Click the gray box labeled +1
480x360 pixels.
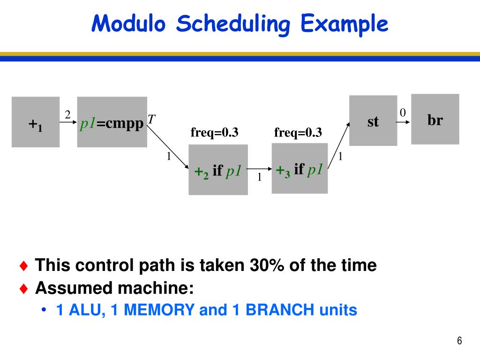coord(36,122)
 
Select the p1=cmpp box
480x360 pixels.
coord(112,122)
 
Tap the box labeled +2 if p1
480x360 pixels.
coord(218,170)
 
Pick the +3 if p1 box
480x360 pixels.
coord(300,168)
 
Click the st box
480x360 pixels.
coord(373,120)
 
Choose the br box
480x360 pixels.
coord(435,119)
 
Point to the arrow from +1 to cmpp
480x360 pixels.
coord(68,123)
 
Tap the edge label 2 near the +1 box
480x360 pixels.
coord(67,114)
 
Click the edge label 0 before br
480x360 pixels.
coord(403,112)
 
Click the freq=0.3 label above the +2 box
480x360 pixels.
coord(214,133)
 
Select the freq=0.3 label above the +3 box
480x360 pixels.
coord(298,133)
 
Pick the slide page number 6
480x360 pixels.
coord(459,341)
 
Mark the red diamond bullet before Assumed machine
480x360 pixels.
coord(24,288)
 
